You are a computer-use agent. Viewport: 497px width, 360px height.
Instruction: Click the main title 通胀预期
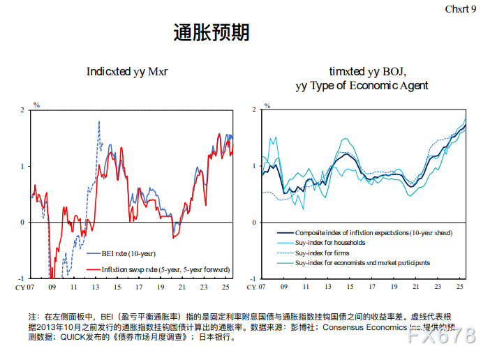(x=211, y=33)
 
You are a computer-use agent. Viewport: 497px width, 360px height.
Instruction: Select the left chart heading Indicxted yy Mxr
(x=126, y=72)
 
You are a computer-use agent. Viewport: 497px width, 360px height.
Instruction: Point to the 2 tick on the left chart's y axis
(x=22, y=110)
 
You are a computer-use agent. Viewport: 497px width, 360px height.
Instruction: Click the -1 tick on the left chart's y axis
(x=22, y=278)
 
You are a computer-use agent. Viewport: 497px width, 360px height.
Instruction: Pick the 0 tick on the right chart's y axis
(x=254, y=223)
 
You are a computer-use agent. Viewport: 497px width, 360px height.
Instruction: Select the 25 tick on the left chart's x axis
(x=224, y=287)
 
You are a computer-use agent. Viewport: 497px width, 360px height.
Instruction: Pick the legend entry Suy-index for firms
(x=323, y=253)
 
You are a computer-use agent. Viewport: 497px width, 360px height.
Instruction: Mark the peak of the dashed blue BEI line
(x=98, y=121)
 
